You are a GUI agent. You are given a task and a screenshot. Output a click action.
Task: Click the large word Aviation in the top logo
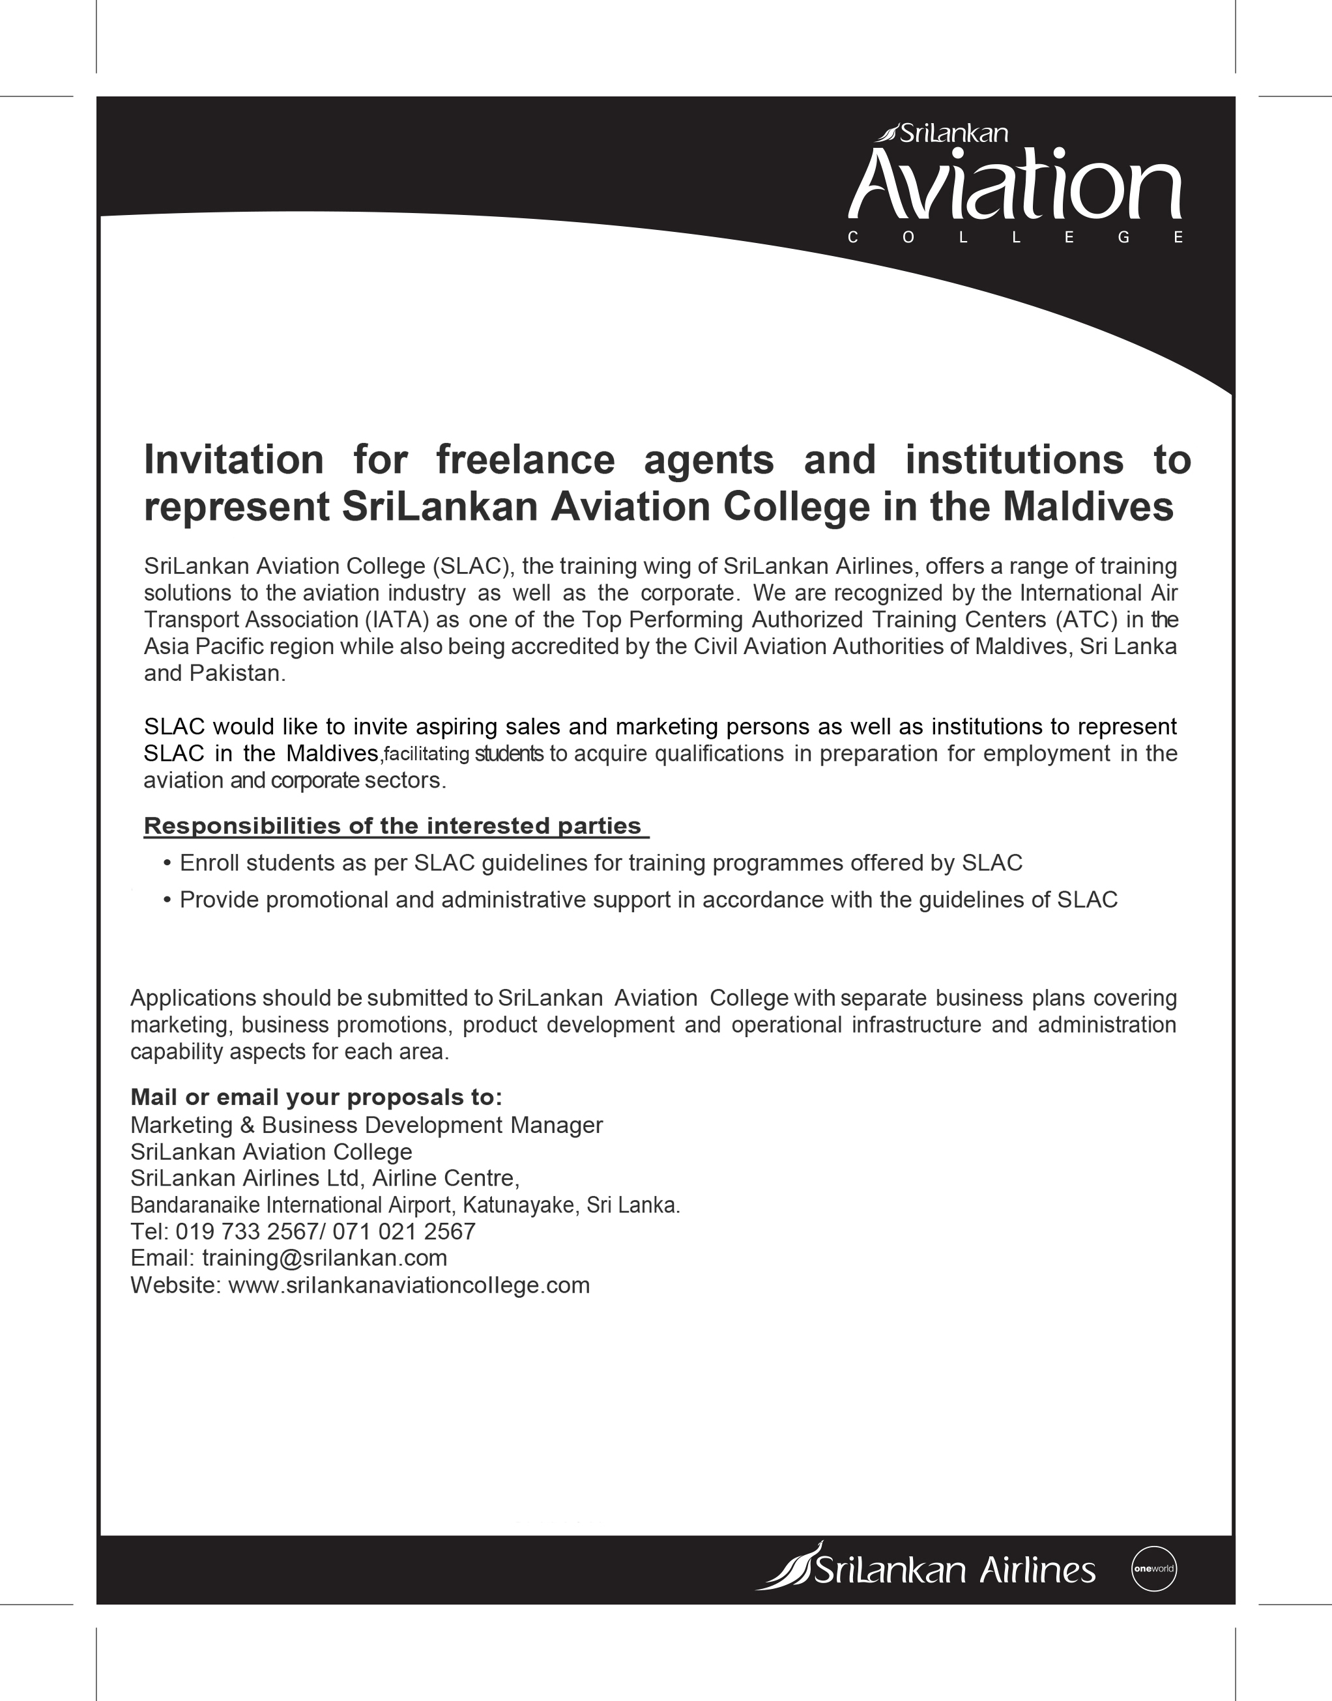(1015, 184)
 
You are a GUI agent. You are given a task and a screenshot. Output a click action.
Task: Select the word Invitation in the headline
(233, 459)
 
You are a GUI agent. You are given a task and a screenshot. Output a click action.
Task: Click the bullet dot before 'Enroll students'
(167, 864)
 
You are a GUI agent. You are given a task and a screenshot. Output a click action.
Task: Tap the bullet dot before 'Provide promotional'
(167, 900)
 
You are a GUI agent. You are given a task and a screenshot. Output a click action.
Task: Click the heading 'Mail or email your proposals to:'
(316, 1097)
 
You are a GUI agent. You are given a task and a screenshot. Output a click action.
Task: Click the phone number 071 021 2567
(404, 1232)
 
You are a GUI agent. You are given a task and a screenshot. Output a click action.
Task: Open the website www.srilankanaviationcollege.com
(409, 1285)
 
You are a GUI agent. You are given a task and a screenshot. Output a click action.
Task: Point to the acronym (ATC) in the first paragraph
(1086, 620)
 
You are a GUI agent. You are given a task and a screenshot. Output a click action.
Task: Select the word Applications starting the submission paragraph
(194, 998)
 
